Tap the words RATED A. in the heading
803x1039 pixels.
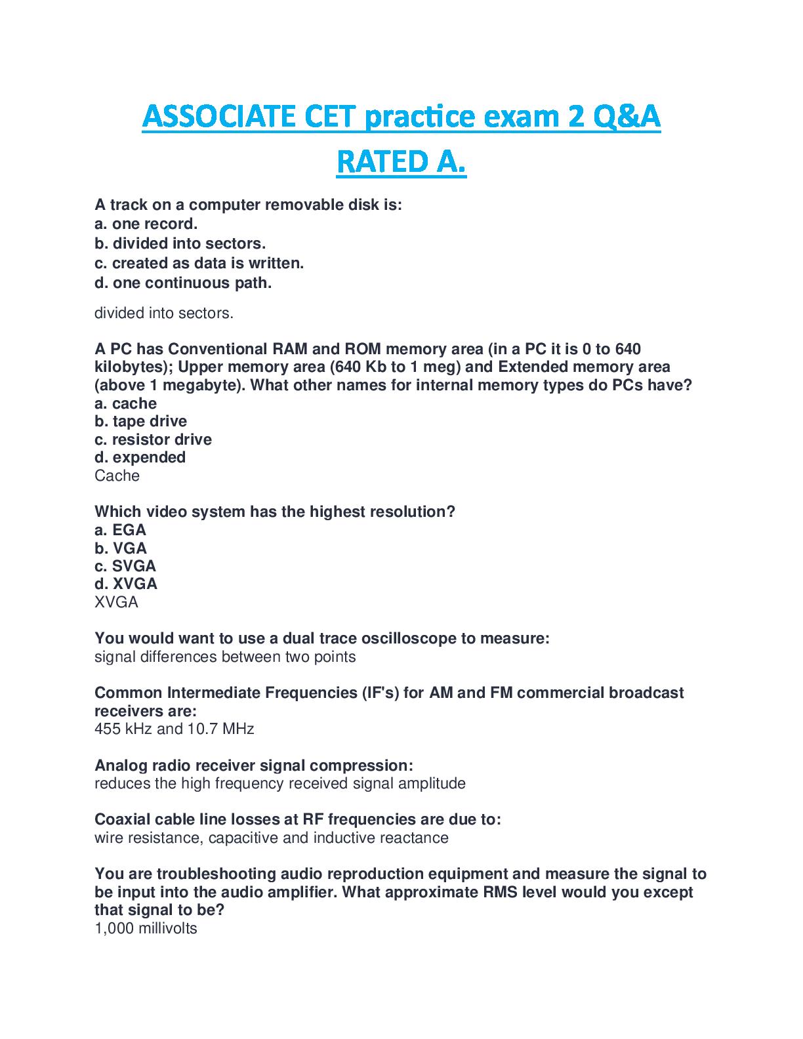coord(401,162)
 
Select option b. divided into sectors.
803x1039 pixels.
coord(180,243)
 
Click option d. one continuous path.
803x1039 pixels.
coord(183,283)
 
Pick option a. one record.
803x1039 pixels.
coord(146,224)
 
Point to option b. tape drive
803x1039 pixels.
coord(140,421)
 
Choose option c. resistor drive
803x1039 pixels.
coord(153,439)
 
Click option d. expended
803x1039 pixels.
coord(140,457)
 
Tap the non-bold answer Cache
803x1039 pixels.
coord(117,476)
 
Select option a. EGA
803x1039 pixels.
coord(120,530)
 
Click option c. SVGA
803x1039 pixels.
coord(125,566)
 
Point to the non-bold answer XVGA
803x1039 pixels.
coord(116,602)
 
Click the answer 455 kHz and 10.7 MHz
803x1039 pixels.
coord(174,729)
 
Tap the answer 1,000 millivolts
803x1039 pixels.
coord(146,928)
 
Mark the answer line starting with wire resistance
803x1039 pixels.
coord(271,838)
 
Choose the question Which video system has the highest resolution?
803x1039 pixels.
coord(274,512)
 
